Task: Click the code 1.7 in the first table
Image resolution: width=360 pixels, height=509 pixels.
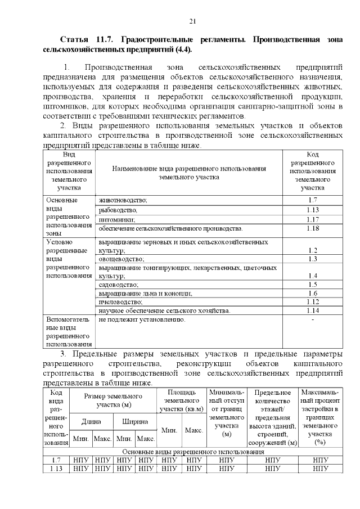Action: (313, 200)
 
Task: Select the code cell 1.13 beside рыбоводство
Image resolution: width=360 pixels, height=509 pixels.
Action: (313, 210)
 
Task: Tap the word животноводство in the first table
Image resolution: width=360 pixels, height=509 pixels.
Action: (123, 200)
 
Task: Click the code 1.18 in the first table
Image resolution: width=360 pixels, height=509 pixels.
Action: (313, 228)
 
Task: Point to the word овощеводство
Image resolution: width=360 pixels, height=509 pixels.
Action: (121, 259)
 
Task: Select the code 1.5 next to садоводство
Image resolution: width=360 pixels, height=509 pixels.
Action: (313, 285)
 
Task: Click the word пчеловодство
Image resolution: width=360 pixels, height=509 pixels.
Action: (120, 302)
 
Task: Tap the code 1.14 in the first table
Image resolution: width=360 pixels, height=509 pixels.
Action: (313, 310)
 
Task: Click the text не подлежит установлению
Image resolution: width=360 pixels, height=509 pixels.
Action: (141, 319)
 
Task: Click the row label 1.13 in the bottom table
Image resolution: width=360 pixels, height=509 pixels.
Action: (56, 469)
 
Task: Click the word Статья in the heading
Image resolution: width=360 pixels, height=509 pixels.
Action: (74, 40)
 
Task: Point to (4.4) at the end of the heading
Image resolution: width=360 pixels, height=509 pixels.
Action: (181, 49)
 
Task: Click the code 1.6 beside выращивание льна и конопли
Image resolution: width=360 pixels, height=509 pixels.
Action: (313, 294)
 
